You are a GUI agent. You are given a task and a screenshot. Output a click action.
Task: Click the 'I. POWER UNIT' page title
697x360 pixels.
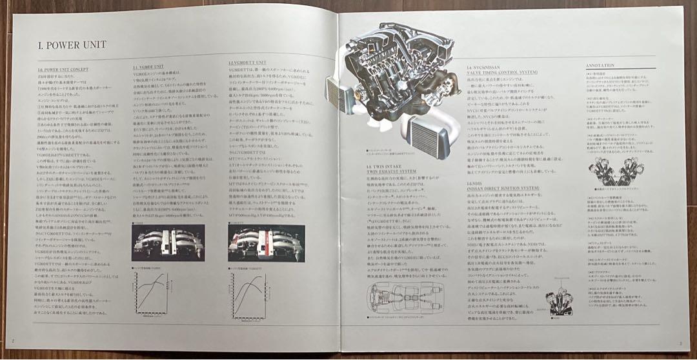(x=72, y=45)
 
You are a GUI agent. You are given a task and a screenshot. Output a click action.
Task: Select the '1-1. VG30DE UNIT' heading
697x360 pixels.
(x=150, y=66)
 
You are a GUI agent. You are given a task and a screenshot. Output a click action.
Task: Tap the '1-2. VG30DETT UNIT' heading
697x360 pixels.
(x=247, y=63)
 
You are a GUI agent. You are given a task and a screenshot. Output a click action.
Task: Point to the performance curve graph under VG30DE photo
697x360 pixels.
(x=154, y=297)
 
